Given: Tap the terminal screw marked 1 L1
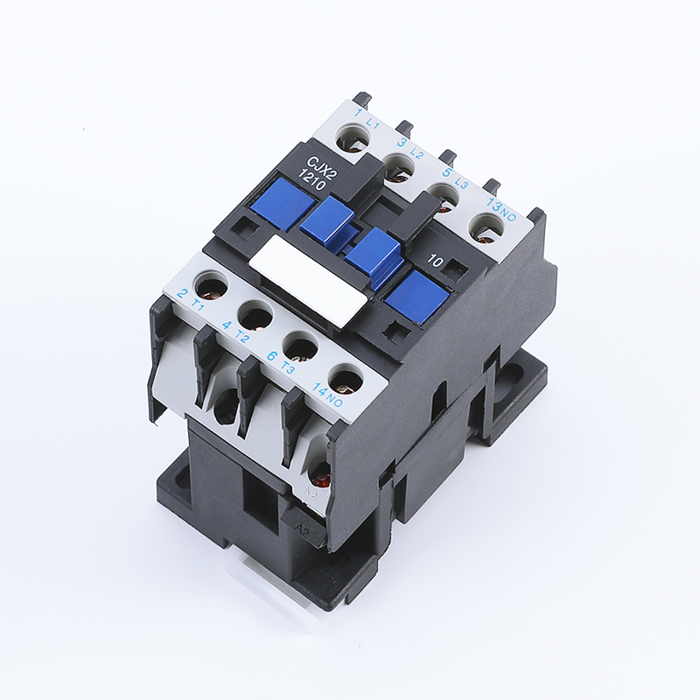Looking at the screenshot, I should point(354,137).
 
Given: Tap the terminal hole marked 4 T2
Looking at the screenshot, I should point(255,312).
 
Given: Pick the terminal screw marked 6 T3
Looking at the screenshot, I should point(301,346).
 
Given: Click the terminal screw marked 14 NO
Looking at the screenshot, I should point(347,381).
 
